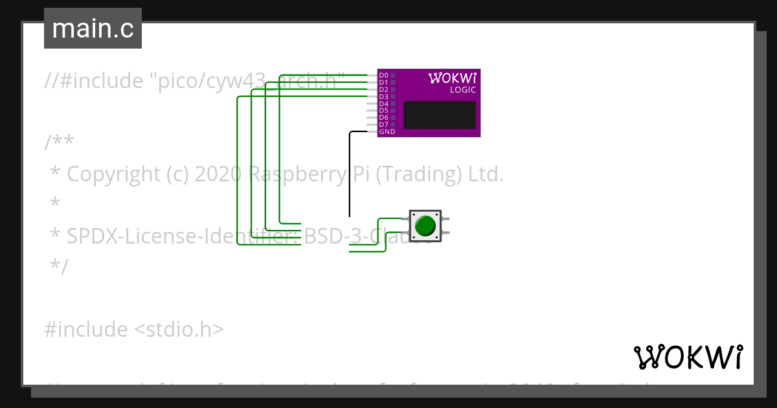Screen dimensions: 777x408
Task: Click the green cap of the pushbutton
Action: coord(425,226)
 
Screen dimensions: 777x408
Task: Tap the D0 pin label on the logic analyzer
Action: coord(383,76)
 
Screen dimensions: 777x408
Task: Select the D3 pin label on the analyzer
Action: coord(383,96)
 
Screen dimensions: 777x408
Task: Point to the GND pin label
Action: coord(387,132)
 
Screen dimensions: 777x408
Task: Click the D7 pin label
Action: coord(383,124)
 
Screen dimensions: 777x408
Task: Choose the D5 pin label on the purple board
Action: coord(383,111)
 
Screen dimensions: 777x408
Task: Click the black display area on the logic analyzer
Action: coord(440,115)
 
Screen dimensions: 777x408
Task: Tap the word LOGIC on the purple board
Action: coord(463,90)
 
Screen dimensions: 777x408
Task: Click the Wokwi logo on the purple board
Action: coord(452,78)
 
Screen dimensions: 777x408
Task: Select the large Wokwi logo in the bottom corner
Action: coord(688,357)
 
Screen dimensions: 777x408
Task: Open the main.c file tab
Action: coord(93,28)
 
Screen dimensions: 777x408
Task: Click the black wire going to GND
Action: coord(350,175)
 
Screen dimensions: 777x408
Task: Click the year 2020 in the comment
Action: coord(218,174)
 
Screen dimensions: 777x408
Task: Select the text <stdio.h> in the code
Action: coord(179,330)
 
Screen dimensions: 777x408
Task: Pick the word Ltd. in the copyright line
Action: coord(486,174)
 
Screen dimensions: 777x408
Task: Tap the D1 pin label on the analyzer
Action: coord(383,83)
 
